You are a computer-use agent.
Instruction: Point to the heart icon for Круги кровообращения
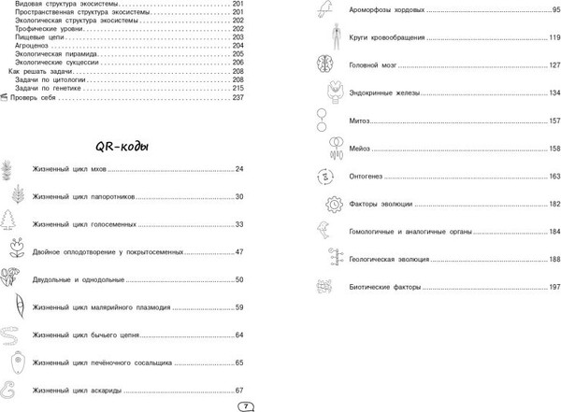[x=323, y=38]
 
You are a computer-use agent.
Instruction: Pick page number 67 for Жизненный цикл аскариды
[x=238, y=390]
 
